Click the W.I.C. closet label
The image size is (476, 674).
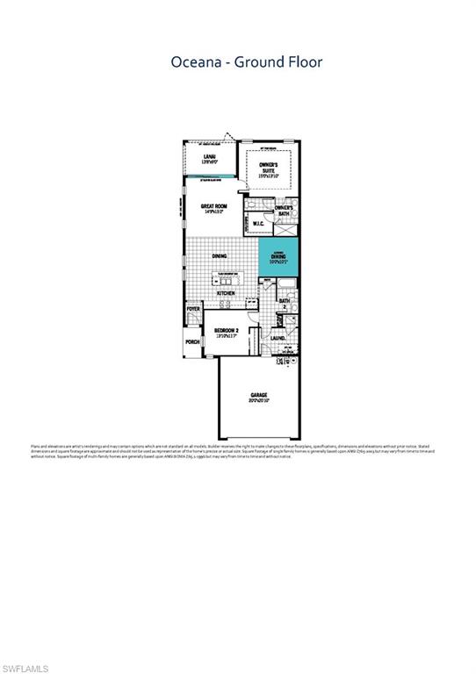coord(259,224)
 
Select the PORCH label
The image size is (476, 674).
coord(191,342)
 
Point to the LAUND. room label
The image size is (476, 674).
coord(278,337)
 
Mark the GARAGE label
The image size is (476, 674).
coord(257,396)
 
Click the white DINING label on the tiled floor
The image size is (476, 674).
coord(219,256)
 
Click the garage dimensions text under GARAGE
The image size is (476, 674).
coord(257,402)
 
